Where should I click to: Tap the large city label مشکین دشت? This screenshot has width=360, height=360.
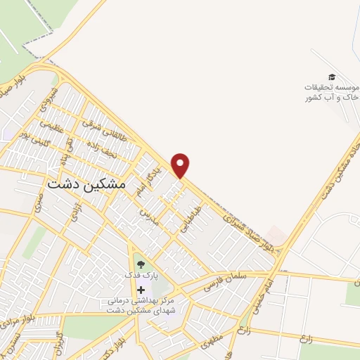(86, 183)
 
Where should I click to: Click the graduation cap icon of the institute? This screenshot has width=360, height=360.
(331, 77)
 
